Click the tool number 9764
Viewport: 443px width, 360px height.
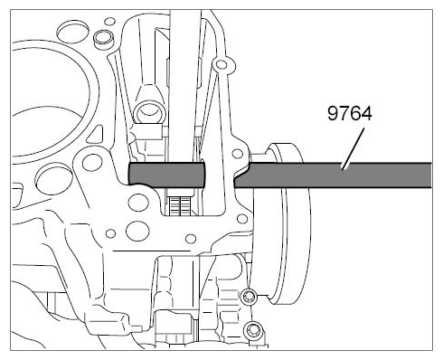coord(350,113)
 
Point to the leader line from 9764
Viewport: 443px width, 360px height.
coord(353,148)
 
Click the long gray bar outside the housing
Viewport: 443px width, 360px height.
coord(333,175)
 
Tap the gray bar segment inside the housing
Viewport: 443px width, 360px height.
coord(166,175)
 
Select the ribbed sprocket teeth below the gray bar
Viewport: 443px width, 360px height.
coord(180,205)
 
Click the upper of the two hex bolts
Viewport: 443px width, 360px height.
coord(249,297)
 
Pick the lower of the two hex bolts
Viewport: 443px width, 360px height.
coord(253,330)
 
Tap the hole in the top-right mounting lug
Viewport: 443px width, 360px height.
coord(221,64)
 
